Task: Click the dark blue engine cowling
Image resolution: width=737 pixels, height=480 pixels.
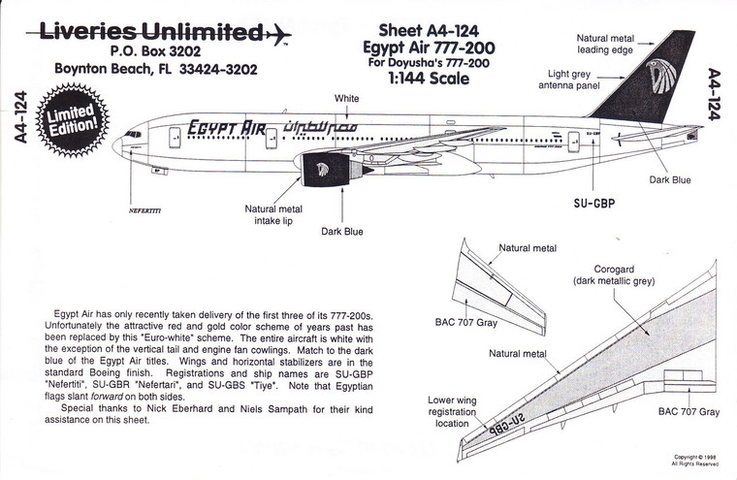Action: coord(320,172)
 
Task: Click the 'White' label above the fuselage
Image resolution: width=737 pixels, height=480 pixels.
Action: coord(346,99)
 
